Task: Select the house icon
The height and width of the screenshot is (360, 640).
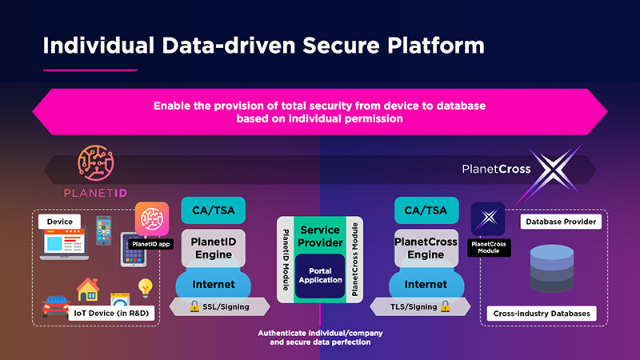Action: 87,291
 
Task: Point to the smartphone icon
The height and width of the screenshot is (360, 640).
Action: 104,230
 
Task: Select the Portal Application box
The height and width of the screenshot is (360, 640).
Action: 320,274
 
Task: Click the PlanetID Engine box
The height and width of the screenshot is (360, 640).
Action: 214,248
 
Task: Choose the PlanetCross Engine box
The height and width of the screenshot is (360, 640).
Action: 426,248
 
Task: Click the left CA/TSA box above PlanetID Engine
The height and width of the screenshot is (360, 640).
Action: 214,211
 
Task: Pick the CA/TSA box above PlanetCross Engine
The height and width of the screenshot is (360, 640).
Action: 426,211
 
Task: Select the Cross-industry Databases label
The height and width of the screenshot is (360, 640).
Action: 542,314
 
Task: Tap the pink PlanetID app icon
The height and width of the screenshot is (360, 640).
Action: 151,218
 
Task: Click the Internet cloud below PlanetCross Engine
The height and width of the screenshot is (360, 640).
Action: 426,285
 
